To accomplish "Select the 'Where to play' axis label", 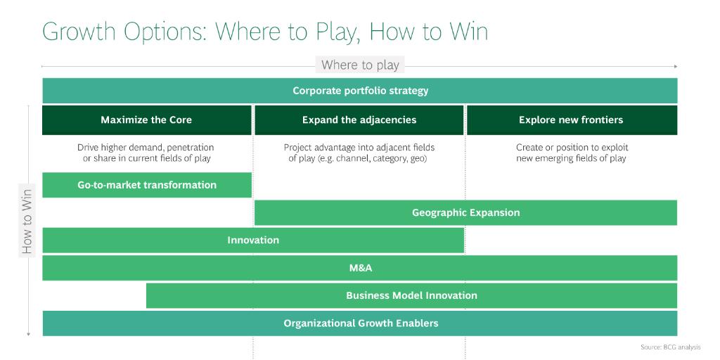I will (x=360, y=65).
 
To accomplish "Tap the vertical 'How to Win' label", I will (x=27, y=219).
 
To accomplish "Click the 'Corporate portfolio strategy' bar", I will (x=360, y=91).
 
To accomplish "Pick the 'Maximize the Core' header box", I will (x=146, y=120).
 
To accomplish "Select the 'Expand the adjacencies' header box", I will (x=359, y=120).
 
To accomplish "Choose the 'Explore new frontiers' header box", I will (x=571, y=120).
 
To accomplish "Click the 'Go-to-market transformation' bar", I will (x=146, y=185).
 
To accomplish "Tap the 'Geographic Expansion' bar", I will (x=465, y=212).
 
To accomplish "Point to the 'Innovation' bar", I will (x=253, y=240).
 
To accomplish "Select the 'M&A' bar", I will (x=360, y=268).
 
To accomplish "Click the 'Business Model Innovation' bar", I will (x=411, y=295).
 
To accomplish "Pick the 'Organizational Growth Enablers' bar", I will (x=360, y=323).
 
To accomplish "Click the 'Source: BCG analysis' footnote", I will (x=670, y=347).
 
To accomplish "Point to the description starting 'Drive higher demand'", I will (x=146, y=153).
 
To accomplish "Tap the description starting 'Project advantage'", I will (x=359, y=153).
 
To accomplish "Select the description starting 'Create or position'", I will (x=571, y=153).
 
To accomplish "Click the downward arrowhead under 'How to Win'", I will (x=28, y=334).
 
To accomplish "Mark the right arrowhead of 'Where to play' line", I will (x=676, y=66).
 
